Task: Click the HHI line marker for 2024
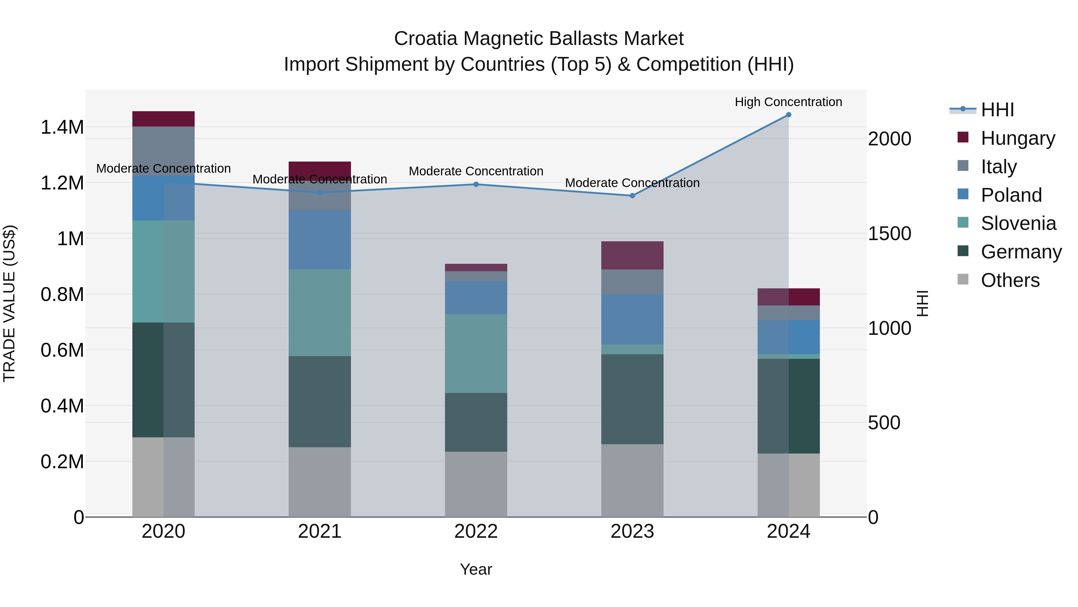[x=788, y=115]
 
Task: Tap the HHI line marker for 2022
[x=476, y=184]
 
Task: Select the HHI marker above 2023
[x=632, y=196]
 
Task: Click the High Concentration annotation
[x=788, y=102]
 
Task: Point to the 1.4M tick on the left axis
[x=62, y=127]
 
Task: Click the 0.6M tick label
[x=62, y=350]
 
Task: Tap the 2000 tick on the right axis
[x=889, y=139]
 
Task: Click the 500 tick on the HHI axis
[x=884, y=423]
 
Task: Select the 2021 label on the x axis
[x=320, y=531]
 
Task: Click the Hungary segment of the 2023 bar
[x=632, y=255]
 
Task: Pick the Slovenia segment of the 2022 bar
[x=476, y=354]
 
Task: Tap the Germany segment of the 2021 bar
[x=320, y=401]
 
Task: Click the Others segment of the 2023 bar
[x=632, y=481]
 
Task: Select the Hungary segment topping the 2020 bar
[x=163, y=119]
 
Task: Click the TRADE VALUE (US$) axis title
[x=9, y=303]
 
